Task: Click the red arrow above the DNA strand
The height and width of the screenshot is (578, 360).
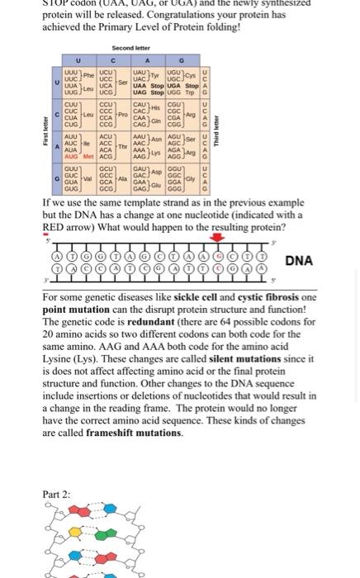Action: [x=217, y=239]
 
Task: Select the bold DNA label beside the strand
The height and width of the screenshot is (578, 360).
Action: [x=298, y=261]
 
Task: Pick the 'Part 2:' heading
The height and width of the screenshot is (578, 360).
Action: [x=57, y=495]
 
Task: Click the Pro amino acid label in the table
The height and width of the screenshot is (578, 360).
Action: [x=123, y=114]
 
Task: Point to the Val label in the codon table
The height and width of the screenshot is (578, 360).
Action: [x=87, y=178]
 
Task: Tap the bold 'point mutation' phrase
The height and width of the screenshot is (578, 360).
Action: [x=77, y=309]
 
